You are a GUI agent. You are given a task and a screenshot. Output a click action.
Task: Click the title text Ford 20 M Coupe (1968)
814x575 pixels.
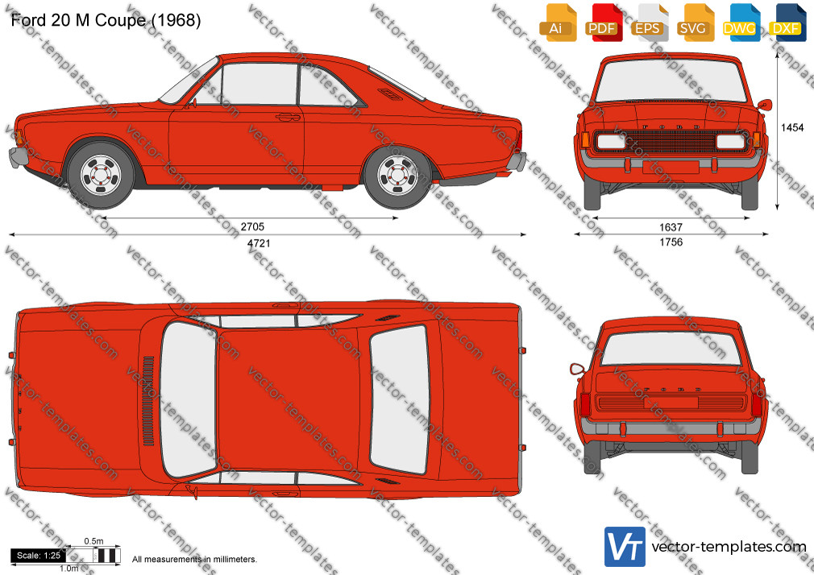pos(106,20)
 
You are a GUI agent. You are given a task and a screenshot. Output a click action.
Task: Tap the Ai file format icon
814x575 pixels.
pos(558,23)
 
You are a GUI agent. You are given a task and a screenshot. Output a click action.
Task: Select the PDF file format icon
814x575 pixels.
pos(604,23)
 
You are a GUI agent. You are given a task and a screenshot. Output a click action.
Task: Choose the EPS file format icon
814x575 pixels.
pos(650,23)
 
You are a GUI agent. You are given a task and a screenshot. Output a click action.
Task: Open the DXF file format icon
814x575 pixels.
pos(787,23)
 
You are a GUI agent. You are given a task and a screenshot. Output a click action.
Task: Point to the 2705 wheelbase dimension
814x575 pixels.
pos(252,227)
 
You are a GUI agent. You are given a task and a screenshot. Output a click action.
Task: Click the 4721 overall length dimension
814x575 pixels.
pos(259,243)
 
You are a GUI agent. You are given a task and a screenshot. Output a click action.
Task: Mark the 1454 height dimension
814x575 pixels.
pos(792,128)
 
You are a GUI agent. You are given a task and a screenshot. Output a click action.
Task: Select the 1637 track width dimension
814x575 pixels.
pos(671,227)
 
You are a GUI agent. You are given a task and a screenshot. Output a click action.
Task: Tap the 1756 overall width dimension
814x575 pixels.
pos(671,242)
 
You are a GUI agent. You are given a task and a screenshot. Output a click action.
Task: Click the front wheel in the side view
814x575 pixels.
pos(101,175)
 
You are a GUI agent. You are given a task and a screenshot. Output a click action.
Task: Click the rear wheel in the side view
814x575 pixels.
pos(397,175)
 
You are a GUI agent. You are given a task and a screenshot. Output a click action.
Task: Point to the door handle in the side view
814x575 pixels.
pos(288,117)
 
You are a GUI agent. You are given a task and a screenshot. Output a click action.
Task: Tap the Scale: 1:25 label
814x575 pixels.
pos(39,556)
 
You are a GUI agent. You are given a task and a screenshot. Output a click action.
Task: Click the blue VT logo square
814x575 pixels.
pos(625,547)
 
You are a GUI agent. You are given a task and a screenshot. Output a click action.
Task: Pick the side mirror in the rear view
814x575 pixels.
pos(577,370)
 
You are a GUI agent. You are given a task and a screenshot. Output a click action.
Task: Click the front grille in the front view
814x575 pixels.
pos(671,141)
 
